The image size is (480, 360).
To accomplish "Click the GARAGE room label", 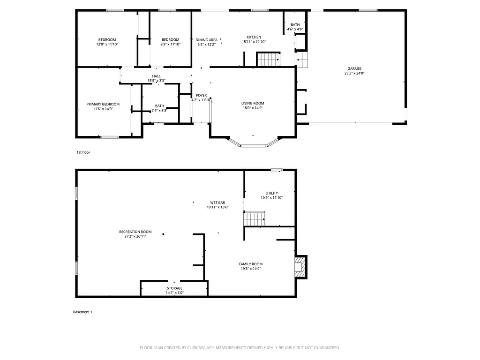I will [354, 68].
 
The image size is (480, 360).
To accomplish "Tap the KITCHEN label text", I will [254, 37].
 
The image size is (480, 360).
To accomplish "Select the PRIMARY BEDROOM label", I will [103, 104].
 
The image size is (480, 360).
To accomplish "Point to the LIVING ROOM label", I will [253, 104].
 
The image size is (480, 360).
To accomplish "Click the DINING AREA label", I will [206, 40].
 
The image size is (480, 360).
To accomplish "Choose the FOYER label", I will [201, 95].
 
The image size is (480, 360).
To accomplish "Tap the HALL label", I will [156, 76].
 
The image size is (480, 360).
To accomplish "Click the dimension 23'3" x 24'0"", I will [354, 73].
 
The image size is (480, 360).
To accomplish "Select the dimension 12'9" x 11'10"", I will [107, 45].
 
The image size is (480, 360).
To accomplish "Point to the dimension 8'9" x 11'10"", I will [170, 45].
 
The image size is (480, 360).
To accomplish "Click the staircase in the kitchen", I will [268, 60].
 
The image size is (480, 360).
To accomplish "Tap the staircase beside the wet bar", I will [254, 218].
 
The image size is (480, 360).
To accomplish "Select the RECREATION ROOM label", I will [135, 232].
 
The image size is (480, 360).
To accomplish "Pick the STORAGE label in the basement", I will [174, 288].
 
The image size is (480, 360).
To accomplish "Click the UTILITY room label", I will [271, 193].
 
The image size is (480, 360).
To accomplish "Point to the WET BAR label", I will [217, 202].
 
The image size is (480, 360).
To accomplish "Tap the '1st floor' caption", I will [83, 152].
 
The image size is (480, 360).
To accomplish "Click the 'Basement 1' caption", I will [83, 312].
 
